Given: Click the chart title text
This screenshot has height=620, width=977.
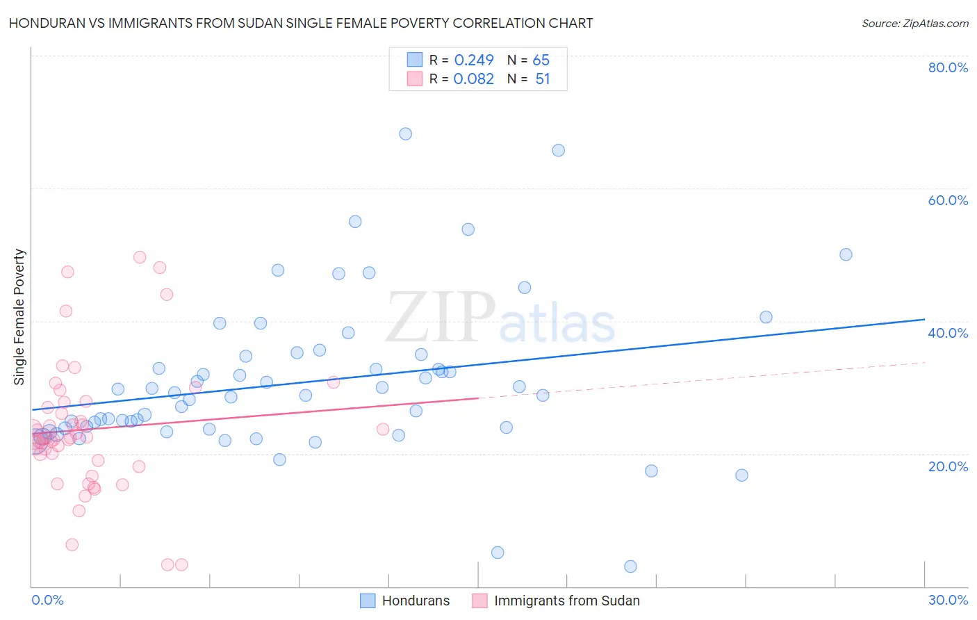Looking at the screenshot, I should [x=301, y=23].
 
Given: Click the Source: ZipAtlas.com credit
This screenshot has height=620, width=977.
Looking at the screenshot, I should [x=914, y=24].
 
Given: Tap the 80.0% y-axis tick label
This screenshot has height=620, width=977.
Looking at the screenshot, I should [x=948, y=67].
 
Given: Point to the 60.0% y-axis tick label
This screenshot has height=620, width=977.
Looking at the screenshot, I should [x=948, y=200].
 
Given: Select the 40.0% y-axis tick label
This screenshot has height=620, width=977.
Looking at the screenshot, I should [x=948, y=333].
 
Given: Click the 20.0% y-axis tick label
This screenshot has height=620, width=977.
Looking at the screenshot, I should [x=948, y=466].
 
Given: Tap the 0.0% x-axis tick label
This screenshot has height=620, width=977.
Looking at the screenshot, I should [x=47, y=600].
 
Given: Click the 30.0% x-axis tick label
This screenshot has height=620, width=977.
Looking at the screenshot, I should [x=948, y=600].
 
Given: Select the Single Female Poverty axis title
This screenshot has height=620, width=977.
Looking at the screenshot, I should [x=19, y=317].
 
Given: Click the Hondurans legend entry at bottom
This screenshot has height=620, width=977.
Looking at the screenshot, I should [x=416, y=601].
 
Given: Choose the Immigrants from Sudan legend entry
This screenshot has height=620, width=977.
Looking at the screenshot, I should [x=566, y=601].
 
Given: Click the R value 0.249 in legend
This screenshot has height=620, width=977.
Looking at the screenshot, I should [x=474, y=60].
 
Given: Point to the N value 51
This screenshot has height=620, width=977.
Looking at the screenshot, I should [x=543, y=79].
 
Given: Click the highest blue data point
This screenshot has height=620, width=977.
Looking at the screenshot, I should [x=406, y=133].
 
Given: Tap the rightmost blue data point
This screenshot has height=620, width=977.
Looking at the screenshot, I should [x=846, y=254].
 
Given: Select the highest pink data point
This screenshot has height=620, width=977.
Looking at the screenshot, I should [x=140, y=257].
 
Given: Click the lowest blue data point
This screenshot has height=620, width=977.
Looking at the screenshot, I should [x=630, y=566].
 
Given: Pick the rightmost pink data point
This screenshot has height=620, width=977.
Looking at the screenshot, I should [x=383, y=429].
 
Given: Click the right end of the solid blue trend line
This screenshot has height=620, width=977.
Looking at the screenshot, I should [x=924, y=319].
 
